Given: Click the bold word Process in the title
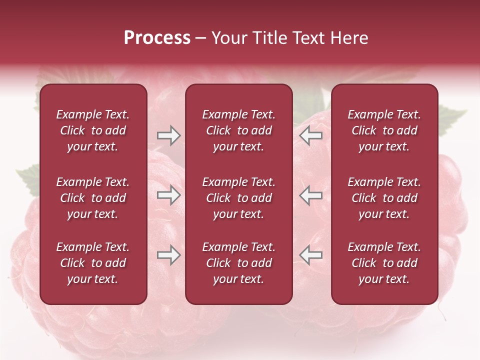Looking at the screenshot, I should tap(157, 38).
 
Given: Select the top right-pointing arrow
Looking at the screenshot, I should tap(168, 135).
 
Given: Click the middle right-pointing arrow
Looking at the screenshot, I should tap(168, 195).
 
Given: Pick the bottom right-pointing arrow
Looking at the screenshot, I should tap(168, 255).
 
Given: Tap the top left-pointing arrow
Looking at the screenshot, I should tap(310, 135).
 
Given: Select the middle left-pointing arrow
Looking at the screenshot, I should tap(310, 195).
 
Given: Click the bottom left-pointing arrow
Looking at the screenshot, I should tap(310, 255).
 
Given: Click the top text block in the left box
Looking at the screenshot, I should tap(93, 130).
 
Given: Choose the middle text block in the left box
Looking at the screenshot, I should tap(93, 198).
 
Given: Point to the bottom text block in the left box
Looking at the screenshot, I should tap(93, 263).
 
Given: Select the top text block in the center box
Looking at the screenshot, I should tap(238, 130).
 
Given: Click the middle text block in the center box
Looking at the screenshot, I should tap(238, 198).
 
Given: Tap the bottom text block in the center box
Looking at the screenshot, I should tap(238, 263).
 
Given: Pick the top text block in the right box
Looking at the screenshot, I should tap(384, 130).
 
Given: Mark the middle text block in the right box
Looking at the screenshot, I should tap(384, 198).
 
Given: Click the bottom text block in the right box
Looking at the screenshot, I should tap(384, 263).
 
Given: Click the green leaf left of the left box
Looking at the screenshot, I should tap(29, 180).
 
